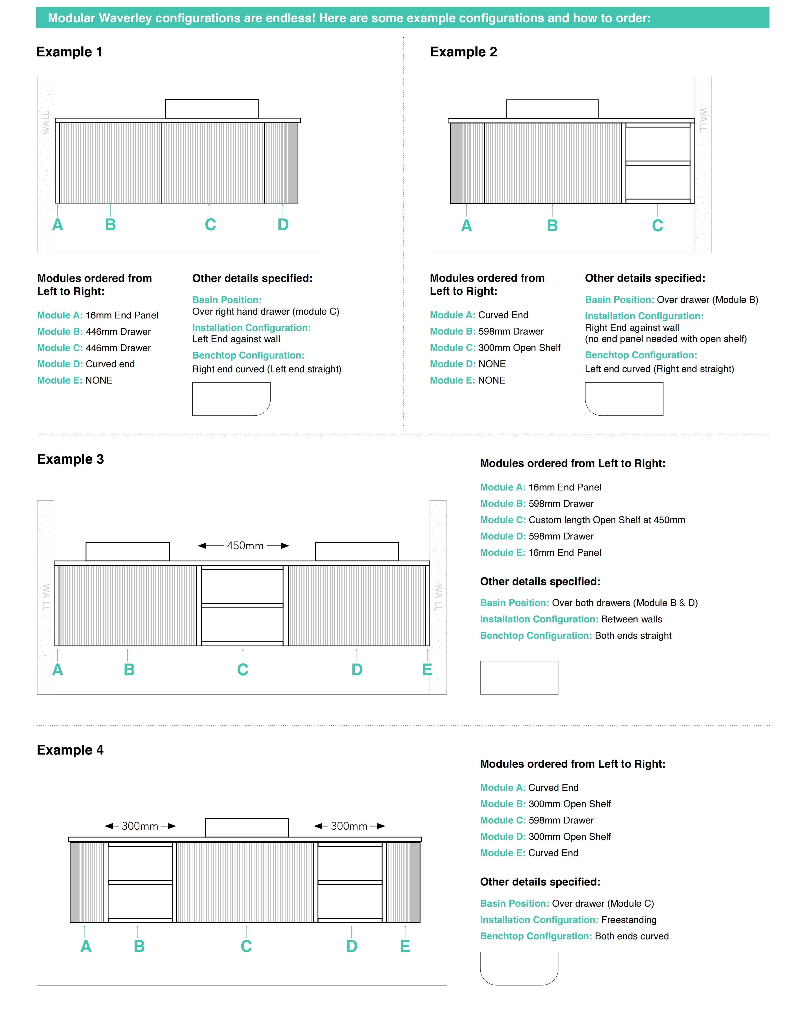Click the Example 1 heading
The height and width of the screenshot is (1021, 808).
pos(69,52)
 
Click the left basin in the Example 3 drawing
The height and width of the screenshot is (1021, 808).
pos(127,551)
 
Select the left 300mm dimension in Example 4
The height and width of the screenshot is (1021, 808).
pos(140,826)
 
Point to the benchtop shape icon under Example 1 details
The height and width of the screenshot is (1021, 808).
pos(231,399)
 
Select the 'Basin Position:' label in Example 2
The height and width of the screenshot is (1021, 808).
pos(619,300)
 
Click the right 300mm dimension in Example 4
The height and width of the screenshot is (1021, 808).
pos(349,826)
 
